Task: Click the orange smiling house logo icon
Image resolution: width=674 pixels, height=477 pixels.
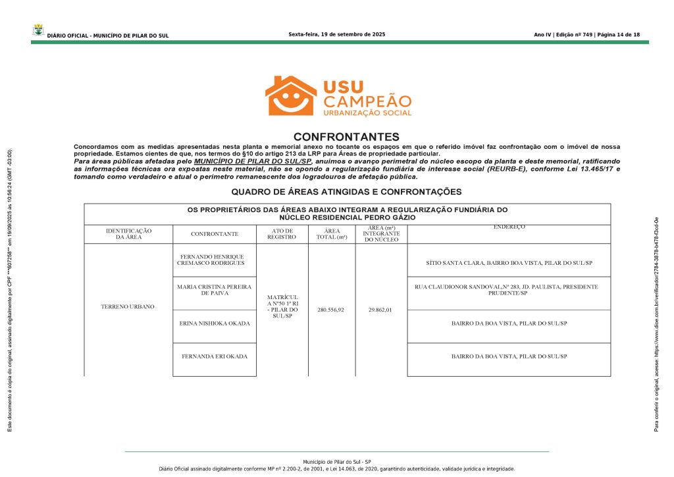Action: point(290,96)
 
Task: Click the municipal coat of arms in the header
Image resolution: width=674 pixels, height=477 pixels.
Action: point(38,31)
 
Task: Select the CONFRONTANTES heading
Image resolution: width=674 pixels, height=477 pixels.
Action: point(346,136)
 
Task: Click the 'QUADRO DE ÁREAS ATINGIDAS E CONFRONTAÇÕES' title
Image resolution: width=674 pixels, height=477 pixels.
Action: point(346,192)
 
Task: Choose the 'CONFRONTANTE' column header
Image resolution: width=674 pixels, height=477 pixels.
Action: point(215,234)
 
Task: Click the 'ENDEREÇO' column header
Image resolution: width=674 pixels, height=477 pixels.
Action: point(509,227)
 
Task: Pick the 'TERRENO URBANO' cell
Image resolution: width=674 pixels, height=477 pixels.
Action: point(128,307)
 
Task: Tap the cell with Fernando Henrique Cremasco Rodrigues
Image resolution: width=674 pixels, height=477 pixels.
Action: point(211,260)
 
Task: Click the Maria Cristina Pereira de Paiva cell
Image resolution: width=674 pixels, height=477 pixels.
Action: point(211,290)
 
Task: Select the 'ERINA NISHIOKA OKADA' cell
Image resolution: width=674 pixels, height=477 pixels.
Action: point(215,323)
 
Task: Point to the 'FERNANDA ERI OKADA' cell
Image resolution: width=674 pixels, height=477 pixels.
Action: point(215,356)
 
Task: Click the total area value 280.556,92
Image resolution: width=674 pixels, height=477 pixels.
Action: point(331,309)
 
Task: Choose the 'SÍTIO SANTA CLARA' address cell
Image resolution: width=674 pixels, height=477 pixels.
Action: point(509,263)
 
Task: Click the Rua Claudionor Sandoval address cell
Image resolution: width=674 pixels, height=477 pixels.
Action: point(506,290)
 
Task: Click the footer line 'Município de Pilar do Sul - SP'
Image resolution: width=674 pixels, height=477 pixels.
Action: point(336,463)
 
